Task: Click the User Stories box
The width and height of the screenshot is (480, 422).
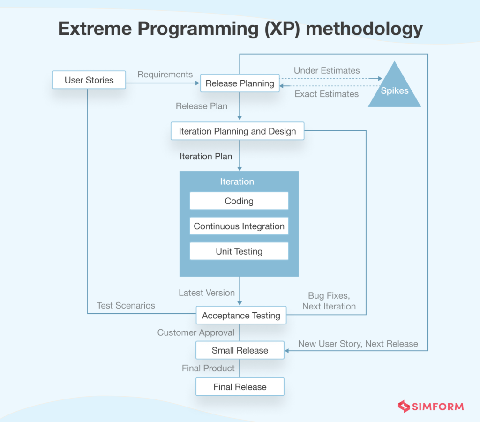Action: (89, 80)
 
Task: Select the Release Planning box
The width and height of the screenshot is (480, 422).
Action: (240, 83)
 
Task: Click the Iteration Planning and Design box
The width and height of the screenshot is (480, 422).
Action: (237, 131)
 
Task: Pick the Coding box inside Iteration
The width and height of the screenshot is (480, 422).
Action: (239, 201)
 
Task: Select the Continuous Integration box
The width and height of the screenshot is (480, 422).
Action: (239, 226)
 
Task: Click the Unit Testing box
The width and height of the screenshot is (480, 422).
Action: (239, 252)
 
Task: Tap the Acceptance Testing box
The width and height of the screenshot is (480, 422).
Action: (241, 316)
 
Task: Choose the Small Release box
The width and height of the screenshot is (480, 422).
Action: (240, 350)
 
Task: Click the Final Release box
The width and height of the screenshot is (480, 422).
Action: (240, 387)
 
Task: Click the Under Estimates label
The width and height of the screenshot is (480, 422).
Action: (327, 71)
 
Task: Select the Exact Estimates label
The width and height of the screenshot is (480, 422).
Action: (326, 94)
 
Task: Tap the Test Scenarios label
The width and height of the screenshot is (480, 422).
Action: (126, 306)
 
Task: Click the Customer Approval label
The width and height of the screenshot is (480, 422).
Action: (195, 332)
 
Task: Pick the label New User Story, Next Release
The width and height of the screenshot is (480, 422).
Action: (358, 344)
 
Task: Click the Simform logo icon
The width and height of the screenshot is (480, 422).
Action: (404, 406)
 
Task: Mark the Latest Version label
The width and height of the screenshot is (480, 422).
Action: (206, 293)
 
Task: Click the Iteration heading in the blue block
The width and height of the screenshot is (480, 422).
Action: (237, 182)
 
